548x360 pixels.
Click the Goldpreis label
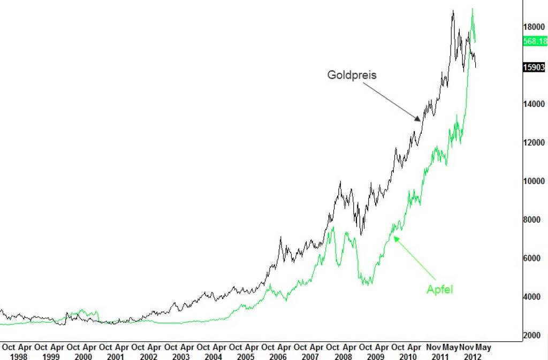352,75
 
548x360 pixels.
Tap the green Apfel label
440,289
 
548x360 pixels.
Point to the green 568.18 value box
535,41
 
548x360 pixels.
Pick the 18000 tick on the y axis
534,27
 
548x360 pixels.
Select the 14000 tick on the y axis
534,104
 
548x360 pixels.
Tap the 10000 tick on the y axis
534,181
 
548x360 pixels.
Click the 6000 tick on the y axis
534,258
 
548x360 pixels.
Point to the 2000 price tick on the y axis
534,335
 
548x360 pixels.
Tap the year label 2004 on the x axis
213,356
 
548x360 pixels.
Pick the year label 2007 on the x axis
310,356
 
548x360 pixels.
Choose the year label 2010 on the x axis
408,356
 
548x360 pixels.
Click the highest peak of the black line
453,10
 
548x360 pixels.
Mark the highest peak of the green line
472,8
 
